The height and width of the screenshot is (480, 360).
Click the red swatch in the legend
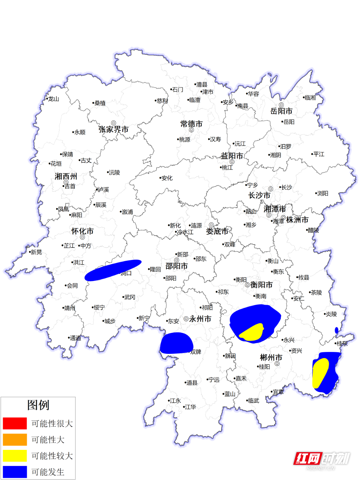coord(15,423)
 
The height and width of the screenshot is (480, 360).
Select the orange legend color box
coord(15,440)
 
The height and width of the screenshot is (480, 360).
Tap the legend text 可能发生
coord(48,472)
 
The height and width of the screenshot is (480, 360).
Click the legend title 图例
coord(38,405)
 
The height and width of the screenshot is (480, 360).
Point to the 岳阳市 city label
coord(281,111)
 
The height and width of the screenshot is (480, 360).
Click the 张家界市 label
coord(114,130)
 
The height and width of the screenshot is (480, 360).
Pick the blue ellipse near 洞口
coord(113,270)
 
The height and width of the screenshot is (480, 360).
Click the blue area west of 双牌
coord(176,343)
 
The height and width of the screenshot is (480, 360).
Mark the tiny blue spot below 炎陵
coord(336,330)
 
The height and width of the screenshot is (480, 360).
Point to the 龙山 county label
coord(53,99)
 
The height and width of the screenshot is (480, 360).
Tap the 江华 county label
coord(190,407)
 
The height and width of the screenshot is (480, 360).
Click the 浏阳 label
coord(322,193)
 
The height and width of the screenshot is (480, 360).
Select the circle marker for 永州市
coord(186,319)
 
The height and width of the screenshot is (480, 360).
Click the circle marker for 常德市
coord(191,130)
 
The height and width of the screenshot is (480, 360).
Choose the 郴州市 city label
coord(271,358)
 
